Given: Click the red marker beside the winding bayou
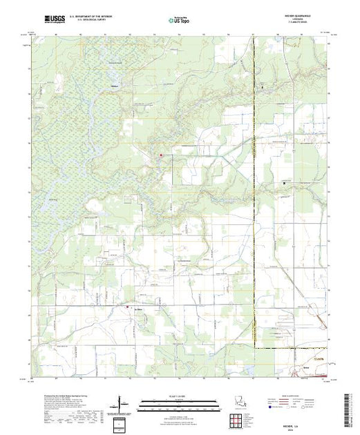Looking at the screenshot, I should [161, 155].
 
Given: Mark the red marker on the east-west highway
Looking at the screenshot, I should [127, 307].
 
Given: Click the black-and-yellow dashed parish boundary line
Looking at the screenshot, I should [254, 207].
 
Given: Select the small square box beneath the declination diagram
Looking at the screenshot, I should [122, 422].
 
